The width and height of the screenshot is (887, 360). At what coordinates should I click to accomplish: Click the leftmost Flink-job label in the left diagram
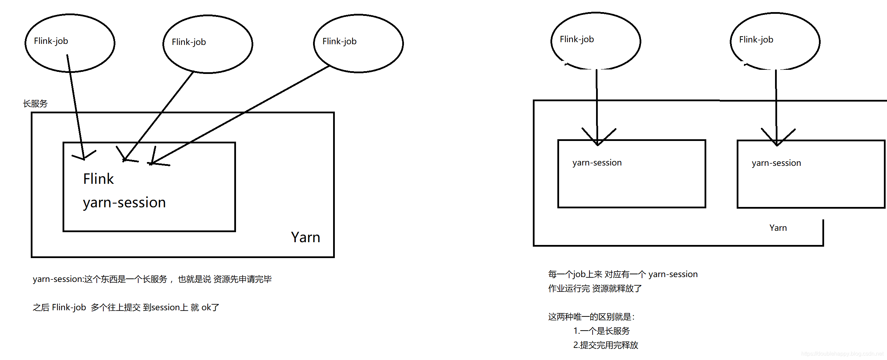(51, 41)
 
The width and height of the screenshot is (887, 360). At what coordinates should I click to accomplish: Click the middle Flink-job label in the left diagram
(189, 42)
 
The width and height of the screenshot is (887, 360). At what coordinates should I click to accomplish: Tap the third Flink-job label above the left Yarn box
(339, 41)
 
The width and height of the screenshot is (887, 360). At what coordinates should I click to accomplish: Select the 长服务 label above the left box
(35, 104)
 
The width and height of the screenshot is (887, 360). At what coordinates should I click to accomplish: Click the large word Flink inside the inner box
(98, 179)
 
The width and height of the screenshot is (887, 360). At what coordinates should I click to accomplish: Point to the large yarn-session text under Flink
(124, 202)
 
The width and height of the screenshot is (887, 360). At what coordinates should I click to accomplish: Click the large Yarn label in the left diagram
(305, 237)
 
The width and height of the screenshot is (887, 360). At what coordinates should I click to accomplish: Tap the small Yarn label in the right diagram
(778, 228)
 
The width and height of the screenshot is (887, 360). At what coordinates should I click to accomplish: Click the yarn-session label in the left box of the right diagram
(597, 163)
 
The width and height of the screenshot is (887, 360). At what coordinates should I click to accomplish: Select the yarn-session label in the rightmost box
(776, 163)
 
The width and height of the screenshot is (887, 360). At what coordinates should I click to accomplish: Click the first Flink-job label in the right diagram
(577, 39)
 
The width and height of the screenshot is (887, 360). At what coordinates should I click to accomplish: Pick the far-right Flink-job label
(756, 40)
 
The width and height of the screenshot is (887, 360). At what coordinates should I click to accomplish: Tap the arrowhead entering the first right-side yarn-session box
(597, 142)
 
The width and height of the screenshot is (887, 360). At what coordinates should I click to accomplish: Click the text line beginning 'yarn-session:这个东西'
(152, 279)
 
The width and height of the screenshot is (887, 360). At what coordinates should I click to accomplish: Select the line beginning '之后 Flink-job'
(126, 307)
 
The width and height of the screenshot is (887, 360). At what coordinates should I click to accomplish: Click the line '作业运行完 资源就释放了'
(595, 288)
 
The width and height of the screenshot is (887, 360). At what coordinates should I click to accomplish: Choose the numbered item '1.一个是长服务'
(601, 331)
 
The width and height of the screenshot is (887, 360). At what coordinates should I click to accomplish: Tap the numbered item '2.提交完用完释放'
(605, 345)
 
